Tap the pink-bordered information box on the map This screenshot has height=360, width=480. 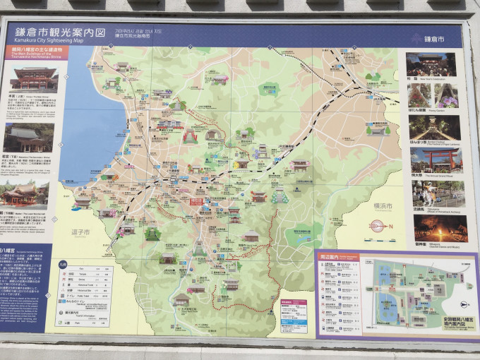[x=293, y=315]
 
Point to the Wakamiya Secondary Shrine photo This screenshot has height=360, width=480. [x=28, y=139]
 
